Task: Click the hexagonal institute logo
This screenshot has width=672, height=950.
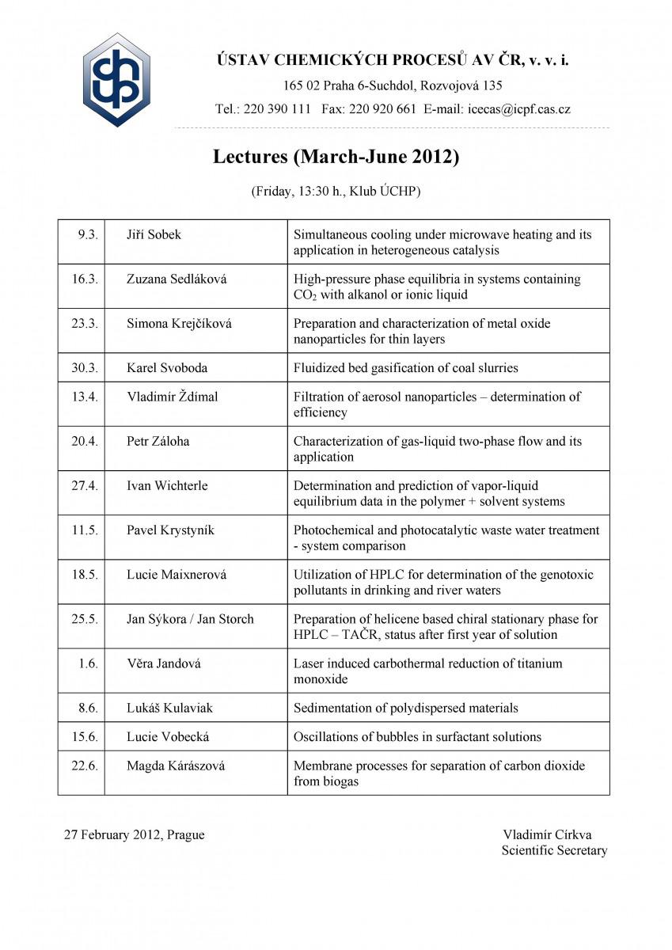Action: tap(116, 80)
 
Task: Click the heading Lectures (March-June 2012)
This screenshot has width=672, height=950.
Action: tap(336, 157)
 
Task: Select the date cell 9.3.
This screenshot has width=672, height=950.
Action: tap(87, 234)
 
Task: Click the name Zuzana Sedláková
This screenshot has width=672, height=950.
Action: tap(178, 279)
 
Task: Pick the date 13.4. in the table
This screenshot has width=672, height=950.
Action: tap(85, 397)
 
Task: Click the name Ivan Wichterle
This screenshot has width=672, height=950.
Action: tap(167, 485)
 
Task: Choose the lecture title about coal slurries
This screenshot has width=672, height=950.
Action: tap(406, 367)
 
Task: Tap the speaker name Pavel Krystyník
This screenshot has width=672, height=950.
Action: tap(176, 530)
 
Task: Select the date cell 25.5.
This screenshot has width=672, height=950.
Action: tap(85, 619)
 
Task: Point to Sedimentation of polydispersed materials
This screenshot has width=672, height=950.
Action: tap(406, 708)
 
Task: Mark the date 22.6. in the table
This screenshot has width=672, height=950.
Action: tap(85, 766)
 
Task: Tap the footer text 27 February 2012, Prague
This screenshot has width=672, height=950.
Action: tap(134, 834)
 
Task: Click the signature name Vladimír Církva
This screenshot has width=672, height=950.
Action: tap(547, 834)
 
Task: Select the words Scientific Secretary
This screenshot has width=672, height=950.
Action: tap(554, 850)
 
